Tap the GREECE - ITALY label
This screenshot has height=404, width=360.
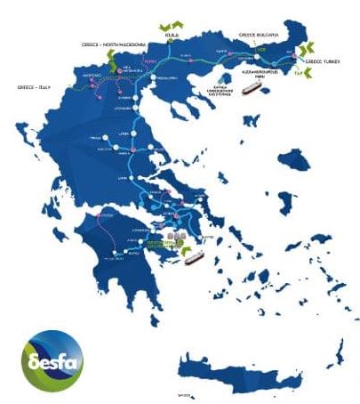click(34, 87)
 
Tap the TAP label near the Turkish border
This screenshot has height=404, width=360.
click(300, 73)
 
